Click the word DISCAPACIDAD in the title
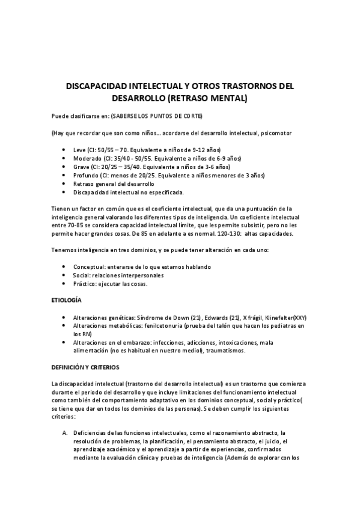(97, 86)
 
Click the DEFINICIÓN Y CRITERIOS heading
(85, 366)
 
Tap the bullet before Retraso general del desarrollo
(64, 184)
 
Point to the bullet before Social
(64, 275)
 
